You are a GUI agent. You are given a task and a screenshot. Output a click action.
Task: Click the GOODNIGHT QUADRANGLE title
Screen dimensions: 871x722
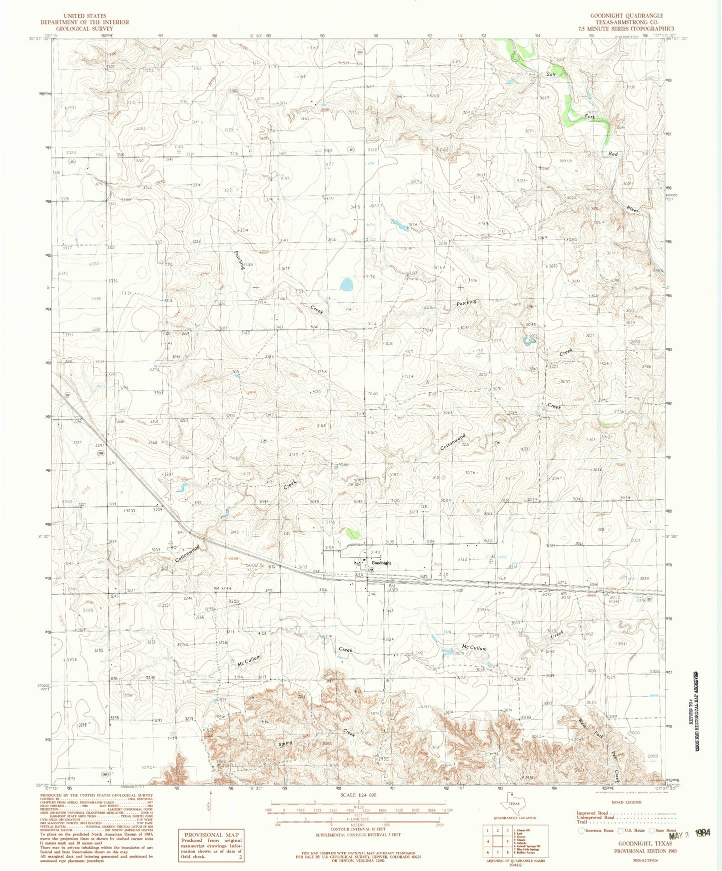tap(627, 15)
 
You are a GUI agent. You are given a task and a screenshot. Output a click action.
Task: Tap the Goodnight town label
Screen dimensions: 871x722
tap(381, 563)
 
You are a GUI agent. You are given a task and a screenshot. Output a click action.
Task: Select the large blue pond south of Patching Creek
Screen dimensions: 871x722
tap(346, 285)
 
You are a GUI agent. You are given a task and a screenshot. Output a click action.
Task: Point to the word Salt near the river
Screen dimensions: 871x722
tap(551, 74)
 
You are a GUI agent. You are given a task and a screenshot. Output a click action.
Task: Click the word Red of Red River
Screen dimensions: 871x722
tap(613, 154)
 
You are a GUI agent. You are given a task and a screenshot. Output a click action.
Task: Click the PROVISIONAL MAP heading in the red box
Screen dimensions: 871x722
tap(212, 835)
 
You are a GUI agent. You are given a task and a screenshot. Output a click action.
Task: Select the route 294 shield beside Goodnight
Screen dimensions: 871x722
tap(371, 570)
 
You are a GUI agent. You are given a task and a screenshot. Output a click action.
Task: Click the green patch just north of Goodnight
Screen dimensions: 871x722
tap(353, 533)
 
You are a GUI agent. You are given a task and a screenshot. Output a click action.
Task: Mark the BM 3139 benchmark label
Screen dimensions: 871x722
tap(393, 587)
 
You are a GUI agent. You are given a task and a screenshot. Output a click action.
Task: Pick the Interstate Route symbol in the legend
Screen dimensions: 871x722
tap(581, 831)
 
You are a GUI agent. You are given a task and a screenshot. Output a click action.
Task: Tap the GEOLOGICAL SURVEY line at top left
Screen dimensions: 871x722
tap(84, 28)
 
